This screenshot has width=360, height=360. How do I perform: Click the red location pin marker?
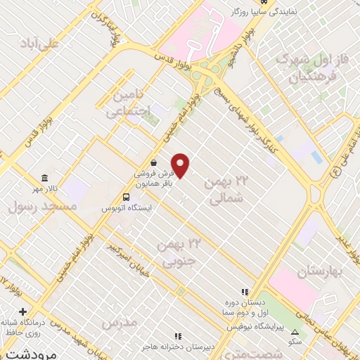(x=181, y=165)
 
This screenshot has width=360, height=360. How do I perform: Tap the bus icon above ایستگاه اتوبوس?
(x=126, y=198)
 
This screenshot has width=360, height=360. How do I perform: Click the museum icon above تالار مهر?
(x=46, y=177)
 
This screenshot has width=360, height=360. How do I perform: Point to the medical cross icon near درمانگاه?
(x=23, y=311)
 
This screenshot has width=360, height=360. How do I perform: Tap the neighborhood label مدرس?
(x=117, y=323)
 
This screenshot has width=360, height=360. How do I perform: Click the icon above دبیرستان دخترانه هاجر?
(x=178, y=336)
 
